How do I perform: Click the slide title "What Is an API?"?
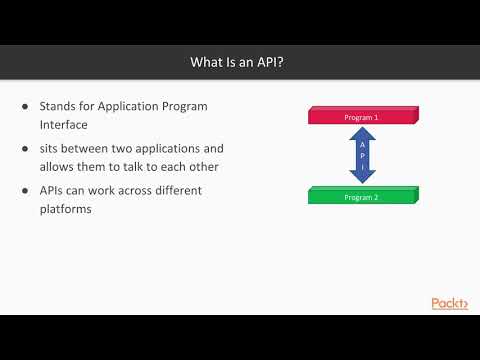coord(240,63)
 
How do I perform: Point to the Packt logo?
coord(449,304)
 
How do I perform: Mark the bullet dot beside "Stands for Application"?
coord(26,106)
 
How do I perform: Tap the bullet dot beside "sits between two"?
coord(26,148)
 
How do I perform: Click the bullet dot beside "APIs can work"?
coord(26,190)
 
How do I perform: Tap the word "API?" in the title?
coord(273,63)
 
